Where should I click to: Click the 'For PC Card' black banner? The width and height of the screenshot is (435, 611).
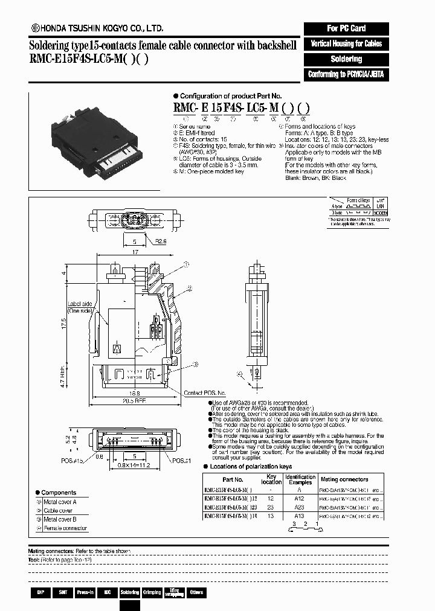(x=346, y=28)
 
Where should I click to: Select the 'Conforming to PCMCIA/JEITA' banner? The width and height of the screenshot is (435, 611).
(x=346, y=74)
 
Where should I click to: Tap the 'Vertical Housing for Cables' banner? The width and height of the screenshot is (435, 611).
(x=346, y=43)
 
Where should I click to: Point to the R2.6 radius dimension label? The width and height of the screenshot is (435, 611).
(x=160, y=241)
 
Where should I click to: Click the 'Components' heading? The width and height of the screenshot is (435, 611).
(x=58, y=493)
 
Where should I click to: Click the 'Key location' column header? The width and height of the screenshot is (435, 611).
(x=271, y=479)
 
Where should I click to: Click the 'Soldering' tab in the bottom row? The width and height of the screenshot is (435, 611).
(x=129, y=592)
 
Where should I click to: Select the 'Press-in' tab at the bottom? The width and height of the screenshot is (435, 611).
(x=85, y=592)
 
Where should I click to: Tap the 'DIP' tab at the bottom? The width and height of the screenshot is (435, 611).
(x=40, y=592)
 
